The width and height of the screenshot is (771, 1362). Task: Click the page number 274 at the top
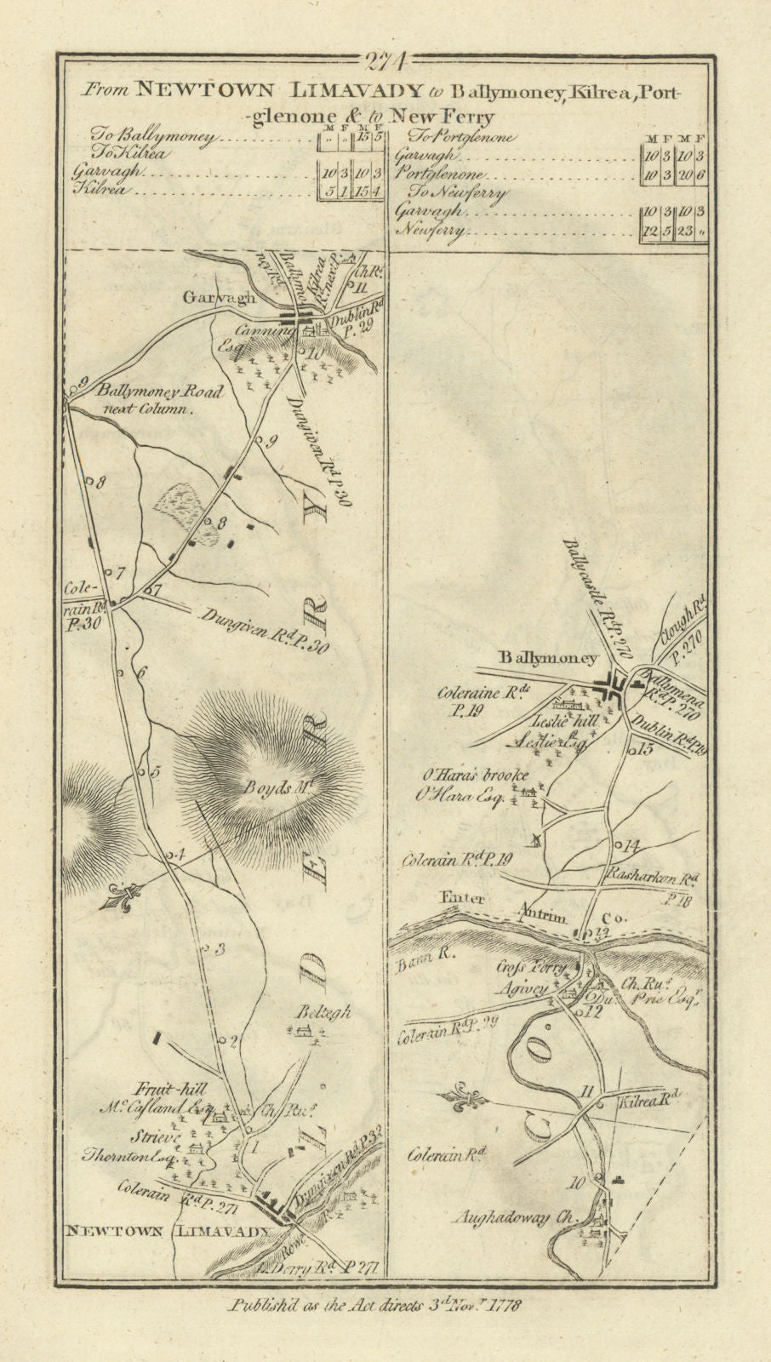(x=386, y=61)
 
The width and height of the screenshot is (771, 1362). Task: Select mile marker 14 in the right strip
(x=630, y=844)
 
